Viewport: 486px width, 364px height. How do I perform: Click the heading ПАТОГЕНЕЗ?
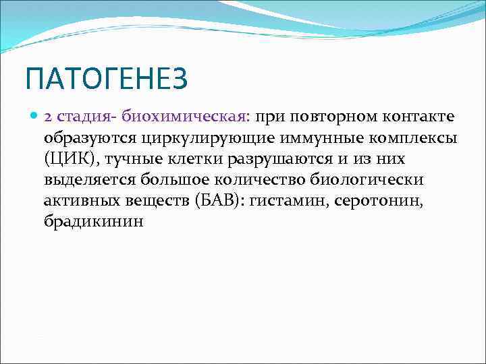pyautogui.click(x=107, y=80)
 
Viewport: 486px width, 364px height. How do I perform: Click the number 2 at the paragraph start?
pyautogui.click(x=49, y=117)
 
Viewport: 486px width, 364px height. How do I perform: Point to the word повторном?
pyautogui.click(x=327, y=117)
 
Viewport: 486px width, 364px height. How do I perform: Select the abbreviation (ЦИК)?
pyautogui.click(x=65, y=159)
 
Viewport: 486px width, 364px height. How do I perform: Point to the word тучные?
pyautogui.click(x=122, y=159)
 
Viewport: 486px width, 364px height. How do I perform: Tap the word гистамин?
pyautogui.click(x=290, y=201)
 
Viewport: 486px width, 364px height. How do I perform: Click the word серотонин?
pyautogui.click(x=384, y=201)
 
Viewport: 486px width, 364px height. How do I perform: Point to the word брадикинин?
pyautogui.click(x=94, y=222)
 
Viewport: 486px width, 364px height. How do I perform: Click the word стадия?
pyautogui.click(x=81, y=117)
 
